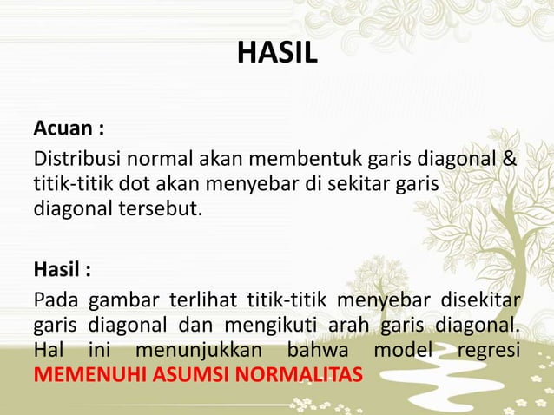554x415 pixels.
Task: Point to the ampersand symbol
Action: [509, 161]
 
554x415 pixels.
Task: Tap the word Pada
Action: [54, 301]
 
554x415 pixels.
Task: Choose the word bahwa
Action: [313, 353]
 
